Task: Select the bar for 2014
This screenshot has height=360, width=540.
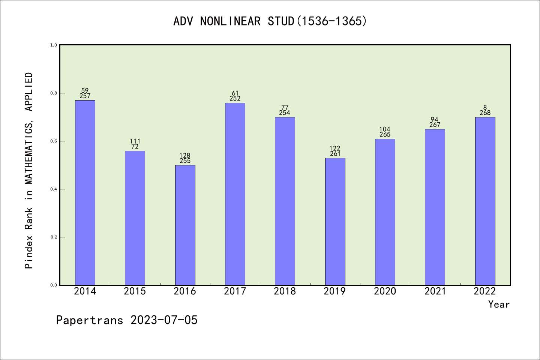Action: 85,193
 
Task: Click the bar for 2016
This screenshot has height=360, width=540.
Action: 185,225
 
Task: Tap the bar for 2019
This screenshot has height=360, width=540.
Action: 335,222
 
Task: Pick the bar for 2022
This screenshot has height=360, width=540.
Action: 485,201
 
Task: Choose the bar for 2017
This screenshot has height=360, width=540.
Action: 235,194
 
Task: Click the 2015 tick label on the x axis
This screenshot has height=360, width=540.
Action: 135,291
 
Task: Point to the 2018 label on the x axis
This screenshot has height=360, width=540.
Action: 285,291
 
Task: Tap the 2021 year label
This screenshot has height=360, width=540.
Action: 435,291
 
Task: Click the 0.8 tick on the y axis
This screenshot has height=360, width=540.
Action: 54,93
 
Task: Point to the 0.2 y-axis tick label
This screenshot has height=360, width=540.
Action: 54,237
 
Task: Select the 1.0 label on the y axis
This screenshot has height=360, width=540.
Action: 54,45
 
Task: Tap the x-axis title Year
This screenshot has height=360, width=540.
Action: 499,304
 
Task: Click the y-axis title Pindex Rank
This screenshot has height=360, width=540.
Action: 29,171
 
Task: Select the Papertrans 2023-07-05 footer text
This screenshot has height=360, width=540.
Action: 127,320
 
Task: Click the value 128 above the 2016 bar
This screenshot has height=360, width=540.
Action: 185,156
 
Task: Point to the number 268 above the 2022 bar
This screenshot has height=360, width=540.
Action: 485,113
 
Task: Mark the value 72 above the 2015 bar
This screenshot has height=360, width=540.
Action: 135,147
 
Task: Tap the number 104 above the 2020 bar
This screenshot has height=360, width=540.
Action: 385,129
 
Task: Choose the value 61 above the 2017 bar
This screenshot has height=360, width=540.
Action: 235,93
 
